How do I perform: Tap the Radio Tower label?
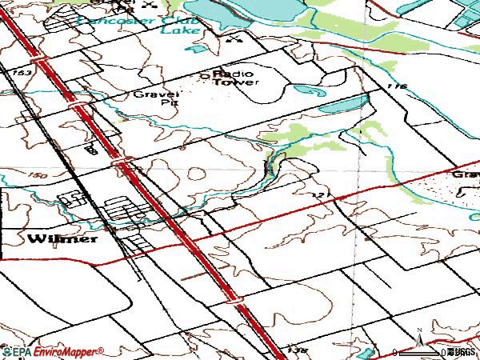pos(236,78)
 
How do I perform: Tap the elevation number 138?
pos(296,350)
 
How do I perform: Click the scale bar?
pos(419,353)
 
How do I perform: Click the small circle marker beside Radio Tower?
pos(204,78)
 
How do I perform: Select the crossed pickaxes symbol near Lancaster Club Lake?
pos(234,38)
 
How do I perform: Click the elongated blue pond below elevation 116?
pos(345,105)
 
